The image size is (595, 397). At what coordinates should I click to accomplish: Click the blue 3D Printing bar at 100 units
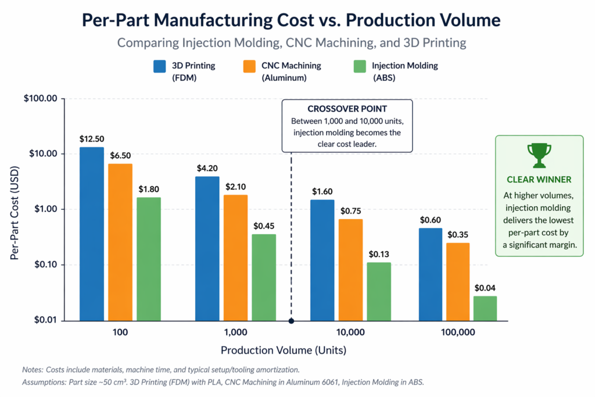(x=91, y=234)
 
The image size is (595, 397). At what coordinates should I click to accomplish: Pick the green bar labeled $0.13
(x=379, y=291)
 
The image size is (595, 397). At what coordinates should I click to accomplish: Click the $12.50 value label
(x=92, y=139)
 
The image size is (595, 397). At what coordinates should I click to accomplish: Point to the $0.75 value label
(x=350, y=211)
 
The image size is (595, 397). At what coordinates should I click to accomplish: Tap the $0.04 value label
(x=485, y=288)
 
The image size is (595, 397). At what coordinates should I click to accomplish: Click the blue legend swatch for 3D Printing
(x=160, y=66)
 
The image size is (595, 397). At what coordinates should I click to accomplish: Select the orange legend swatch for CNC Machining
(x=249, y=66)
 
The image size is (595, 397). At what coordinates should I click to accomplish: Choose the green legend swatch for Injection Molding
(x=360, y=66)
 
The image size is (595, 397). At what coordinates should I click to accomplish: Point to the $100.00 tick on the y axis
(x=41, y=99)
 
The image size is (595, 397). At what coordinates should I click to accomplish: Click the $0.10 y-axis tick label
(x=46, y=264)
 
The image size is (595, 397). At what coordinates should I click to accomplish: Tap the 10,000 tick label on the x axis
(x=350, y=332)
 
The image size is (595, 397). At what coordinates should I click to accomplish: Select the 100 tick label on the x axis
(x=120, y=332)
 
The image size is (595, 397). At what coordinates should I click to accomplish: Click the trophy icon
(x=539, y=155)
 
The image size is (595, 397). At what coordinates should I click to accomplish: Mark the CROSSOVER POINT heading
(x=347, y=109)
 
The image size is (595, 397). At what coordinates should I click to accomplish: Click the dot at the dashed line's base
(x=291, y=321)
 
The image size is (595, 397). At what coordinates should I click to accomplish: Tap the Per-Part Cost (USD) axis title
(x=15, y=213)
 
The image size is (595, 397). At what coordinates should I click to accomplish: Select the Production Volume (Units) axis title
(x=284, y=350)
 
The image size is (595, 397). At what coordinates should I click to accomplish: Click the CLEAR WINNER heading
(x=539, y=180)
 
